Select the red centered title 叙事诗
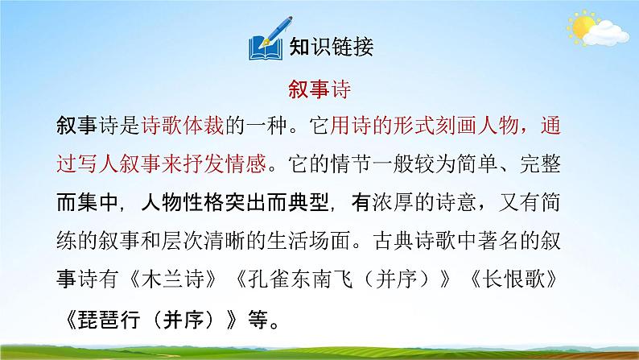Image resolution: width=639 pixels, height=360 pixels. pos(319,91)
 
